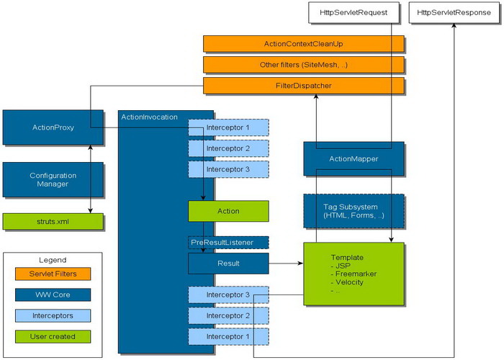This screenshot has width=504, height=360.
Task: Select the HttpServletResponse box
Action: pyautogui.click(x=450, y=12)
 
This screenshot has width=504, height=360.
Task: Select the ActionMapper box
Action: pyautogui.click(x=353, y=158)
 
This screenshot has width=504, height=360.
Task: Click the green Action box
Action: pyautogui.click(x=228, y=211)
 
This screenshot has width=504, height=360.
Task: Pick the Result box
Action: pyautogui.click(x=228, y=263)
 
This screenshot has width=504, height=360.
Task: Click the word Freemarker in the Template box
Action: pyautogui.click(x=354, y=274)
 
